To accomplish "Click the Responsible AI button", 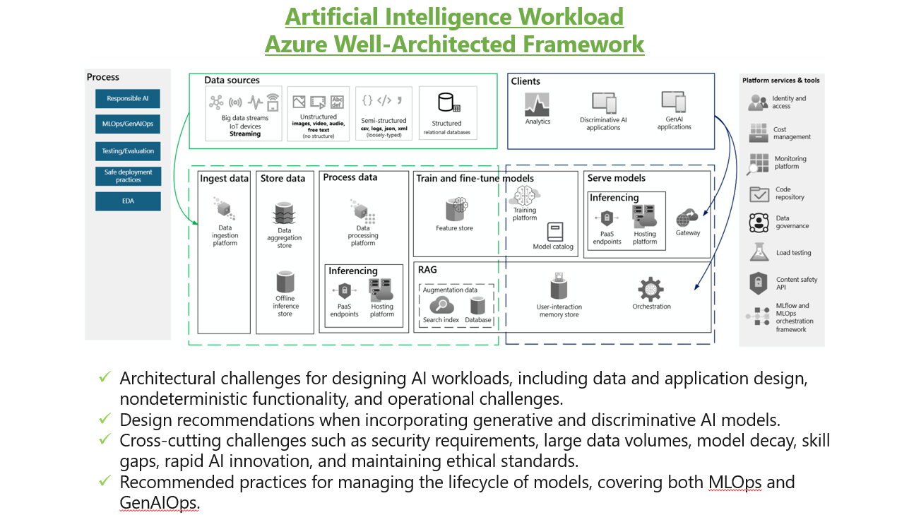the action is coord(128,98).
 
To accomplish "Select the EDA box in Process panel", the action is coord(128,201).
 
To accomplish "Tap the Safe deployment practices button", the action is coord(128,176).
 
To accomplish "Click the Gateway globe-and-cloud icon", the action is coord(687,218).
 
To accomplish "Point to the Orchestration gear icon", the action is coord(651,289).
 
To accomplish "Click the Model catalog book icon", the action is coord(555,232).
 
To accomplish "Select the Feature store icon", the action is coord(456,209).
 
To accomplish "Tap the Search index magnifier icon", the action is coord(441,306).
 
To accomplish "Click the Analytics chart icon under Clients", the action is coord(537,105).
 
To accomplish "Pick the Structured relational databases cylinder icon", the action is coord(448,102).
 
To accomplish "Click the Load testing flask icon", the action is coord(759,252).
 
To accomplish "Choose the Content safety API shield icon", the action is coord(758,283).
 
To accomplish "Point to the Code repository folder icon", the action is coord(759,194).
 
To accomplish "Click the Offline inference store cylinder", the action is coord(285,282).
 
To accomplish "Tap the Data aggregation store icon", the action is coord(285,213).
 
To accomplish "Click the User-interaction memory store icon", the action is coord(559,287).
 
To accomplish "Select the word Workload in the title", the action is coord(571,17).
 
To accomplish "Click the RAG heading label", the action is coord(427,270).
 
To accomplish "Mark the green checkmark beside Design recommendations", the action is coord(105,418).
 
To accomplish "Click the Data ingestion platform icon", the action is coord(225,209).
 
